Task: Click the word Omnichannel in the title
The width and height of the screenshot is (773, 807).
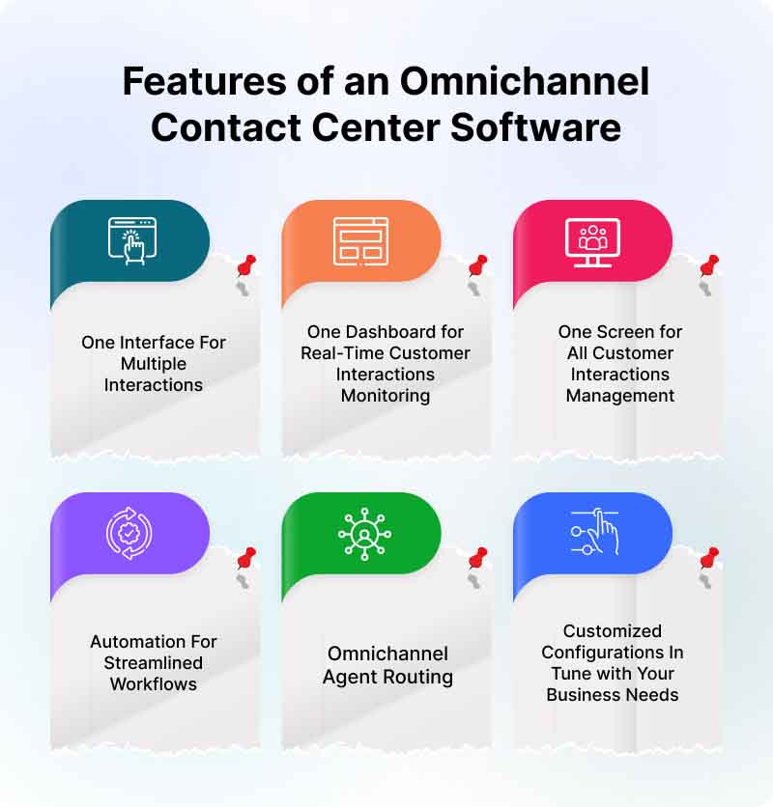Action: tap(525, 82)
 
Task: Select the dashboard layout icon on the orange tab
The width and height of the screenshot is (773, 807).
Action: tap(359, 239)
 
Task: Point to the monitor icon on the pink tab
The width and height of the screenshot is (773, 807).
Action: tap(592, 239)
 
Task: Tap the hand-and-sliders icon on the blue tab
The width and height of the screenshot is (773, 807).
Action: tap(590, 531)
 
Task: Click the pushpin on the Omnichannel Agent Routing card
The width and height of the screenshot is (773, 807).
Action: tap(477, 558)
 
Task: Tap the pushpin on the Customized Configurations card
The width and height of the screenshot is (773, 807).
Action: tap(709, 558)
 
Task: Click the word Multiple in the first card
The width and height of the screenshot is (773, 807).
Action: tap(154, 364)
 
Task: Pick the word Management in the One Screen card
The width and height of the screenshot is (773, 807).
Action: tap(619, 396)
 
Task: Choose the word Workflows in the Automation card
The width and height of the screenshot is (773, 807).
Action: tap(154, 684)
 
